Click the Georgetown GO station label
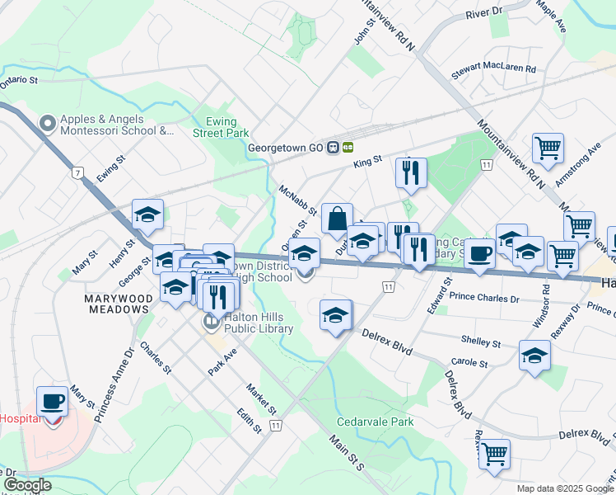[x=287, y=148]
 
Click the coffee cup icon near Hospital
[x=53, y=402]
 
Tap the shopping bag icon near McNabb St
[x=337, y=219]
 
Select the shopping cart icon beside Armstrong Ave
[x=548, y=149]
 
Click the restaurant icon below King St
[x=410, y=173]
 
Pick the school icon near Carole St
[x=534, y=356]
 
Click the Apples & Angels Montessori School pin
[x=47, y=124]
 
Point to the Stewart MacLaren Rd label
[x=494, y=73]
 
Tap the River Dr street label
[x=483, y=13]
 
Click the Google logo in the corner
[x=26, y=485]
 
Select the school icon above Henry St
[x=147, y=215]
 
